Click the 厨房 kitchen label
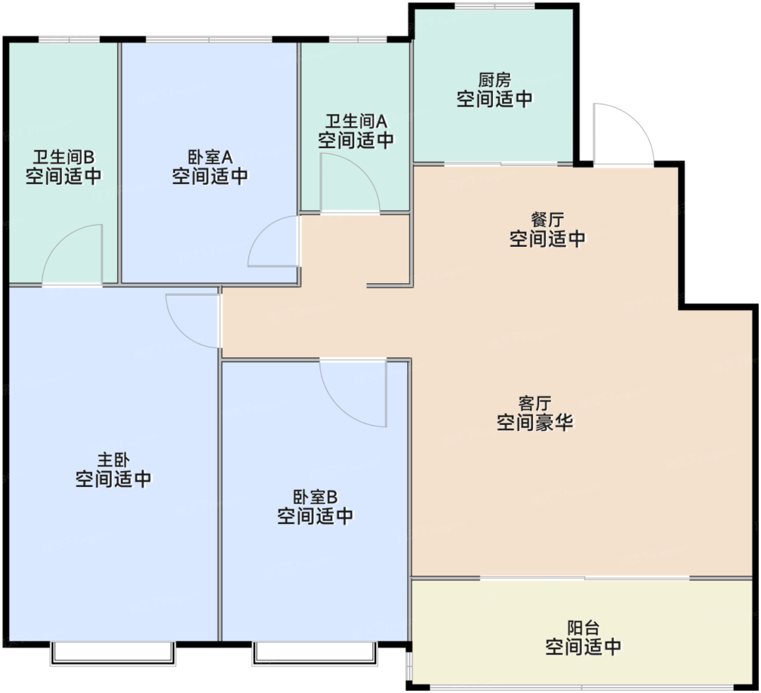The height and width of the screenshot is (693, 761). click(x=494, y=80)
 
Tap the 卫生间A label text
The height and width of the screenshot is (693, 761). click(x=356, y=121)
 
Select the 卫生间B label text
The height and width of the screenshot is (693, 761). click(x=64, y=157)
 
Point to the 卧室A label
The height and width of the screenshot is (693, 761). click(x=210, y=157)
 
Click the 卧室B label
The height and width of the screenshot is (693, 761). click(x=315, y=497)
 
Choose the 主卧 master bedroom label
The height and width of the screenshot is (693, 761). click(x=114, y=460)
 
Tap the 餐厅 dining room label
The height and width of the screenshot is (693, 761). click(x=547, y=220)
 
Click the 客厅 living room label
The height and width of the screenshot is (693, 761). click(x=534, y=403)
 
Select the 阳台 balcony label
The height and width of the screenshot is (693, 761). click(x=583, y=628)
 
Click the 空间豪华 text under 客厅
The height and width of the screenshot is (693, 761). click(x=534, y=422)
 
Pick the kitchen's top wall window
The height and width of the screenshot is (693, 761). click(x=495, y=6)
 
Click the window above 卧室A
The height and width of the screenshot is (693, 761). click(x=209, y=40)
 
